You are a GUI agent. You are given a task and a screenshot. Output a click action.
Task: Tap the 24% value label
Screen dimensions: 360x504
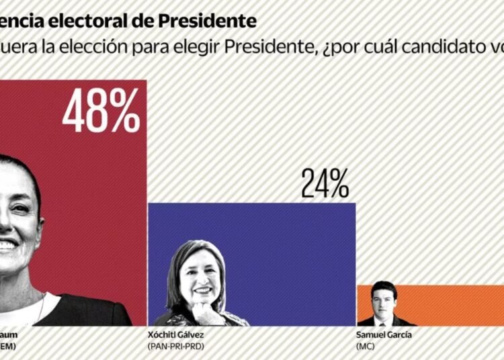click(325, 183)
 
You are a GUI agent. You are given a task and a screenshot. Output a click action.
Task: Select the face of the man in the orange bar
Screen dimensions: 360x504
click(384, 296)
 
